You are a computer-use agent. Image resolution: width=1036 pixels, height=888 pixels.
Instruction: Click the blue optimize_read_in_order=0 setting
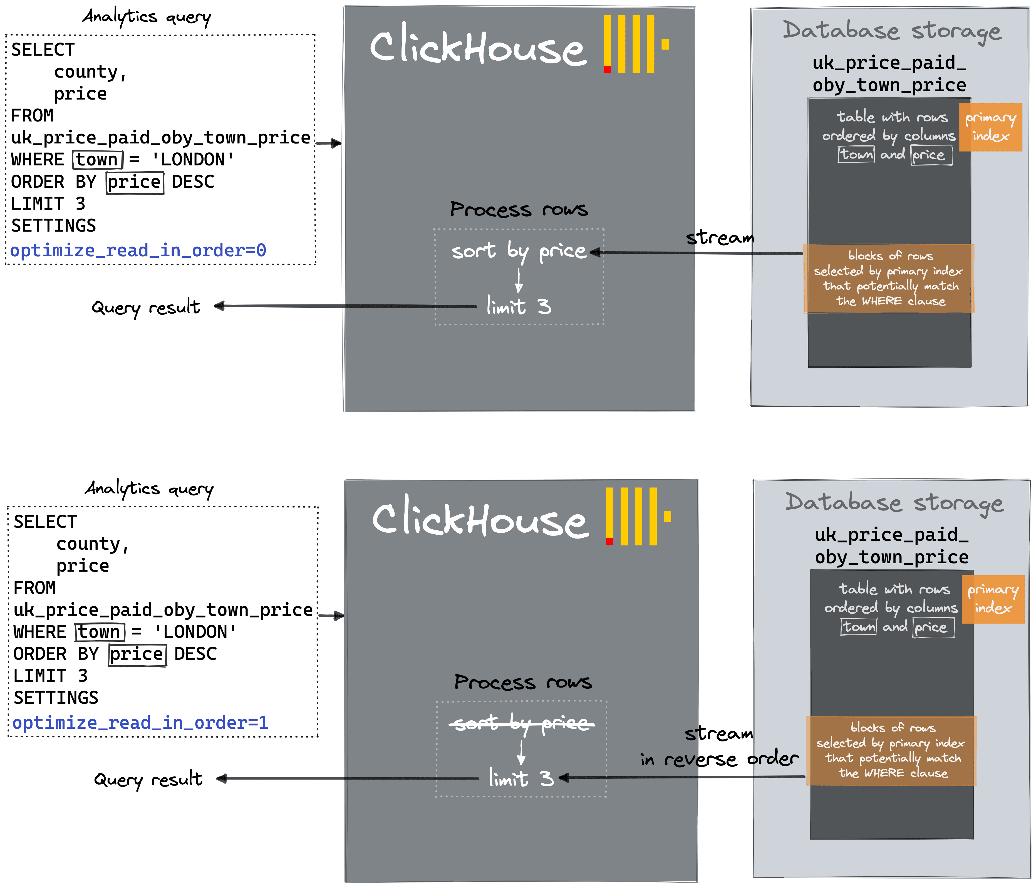[x=138, y=250]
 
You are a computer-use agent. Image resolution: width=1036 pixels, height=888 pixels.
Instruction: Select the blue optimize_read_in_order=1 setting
[x=140, y=723]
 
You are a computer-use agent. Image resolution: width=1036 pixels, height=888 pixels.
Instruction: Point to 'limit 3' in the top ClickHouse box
[x=519, y=306]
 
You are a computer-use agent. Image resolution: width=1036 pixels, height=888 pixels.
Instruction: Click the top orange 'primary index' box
[x=990, y=127]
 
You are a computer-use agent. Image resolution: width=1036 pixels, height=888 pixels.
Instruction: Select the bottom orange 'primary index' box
[x=993, y=599]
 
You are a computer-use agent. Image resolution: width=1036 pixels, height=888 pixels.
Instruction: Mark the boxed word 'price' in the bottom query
[x=137, y=654]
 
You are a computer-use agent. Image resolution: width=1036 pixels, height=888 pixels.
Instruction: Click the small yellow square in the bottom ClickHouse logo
[x=668, y=516]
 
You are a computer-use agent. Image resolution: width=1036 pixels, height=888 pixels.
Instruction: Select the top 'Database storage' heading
[x=891, y=31]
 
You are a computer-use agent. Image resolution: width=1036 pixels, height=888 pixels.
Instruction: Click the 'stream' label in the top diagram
[x=720, y=238]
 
